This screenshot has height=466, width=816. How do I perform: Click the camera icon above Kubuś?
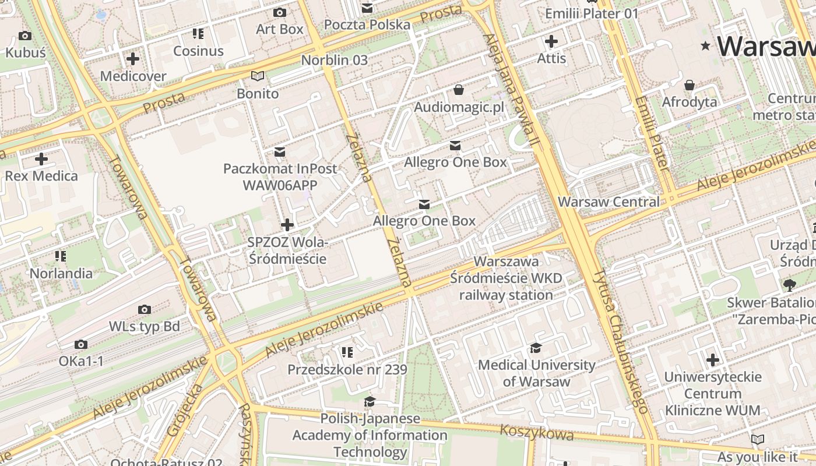pos(25,36)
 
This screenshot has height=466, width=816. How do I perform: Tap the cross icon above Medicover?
pos(133,59)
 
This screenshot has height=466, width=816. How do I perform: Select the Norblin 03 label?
pos(335,60)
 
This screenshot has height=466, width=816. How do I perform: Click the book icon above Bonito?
pos(258,76)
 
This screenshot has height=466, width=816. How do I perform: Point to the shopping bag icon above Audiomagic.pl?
pos(459,90)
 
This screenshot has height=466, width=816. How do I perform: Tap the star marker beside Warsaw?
pos(706,46)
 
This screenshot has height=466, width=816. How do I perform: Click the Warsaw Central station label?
pos(609,202)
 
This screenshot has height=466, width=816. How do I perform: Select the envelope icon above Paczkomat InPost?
pos(280,152)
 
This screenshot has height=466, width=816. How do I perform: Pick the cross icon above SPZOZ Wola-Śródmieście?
pos(287,225)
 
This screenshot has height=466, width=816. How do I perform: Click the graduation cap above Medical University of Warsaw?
pos(536,348)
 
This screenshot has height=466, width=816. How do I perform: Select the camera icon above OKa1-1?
pos(81,345)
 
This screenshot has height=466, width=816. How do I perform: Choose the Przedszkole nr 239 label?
pos(347,370)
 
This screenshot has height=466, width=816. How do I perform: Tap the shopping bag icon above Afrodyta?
pos(690,86)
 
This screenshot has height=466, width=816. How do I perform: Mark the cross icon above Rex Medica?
pos(41,159)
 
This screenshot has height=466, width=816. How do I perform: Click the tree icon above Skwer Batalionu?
pos(790,285)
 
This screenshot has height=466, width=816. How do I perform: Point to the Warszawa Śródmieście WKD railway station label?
pos(506,278)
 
